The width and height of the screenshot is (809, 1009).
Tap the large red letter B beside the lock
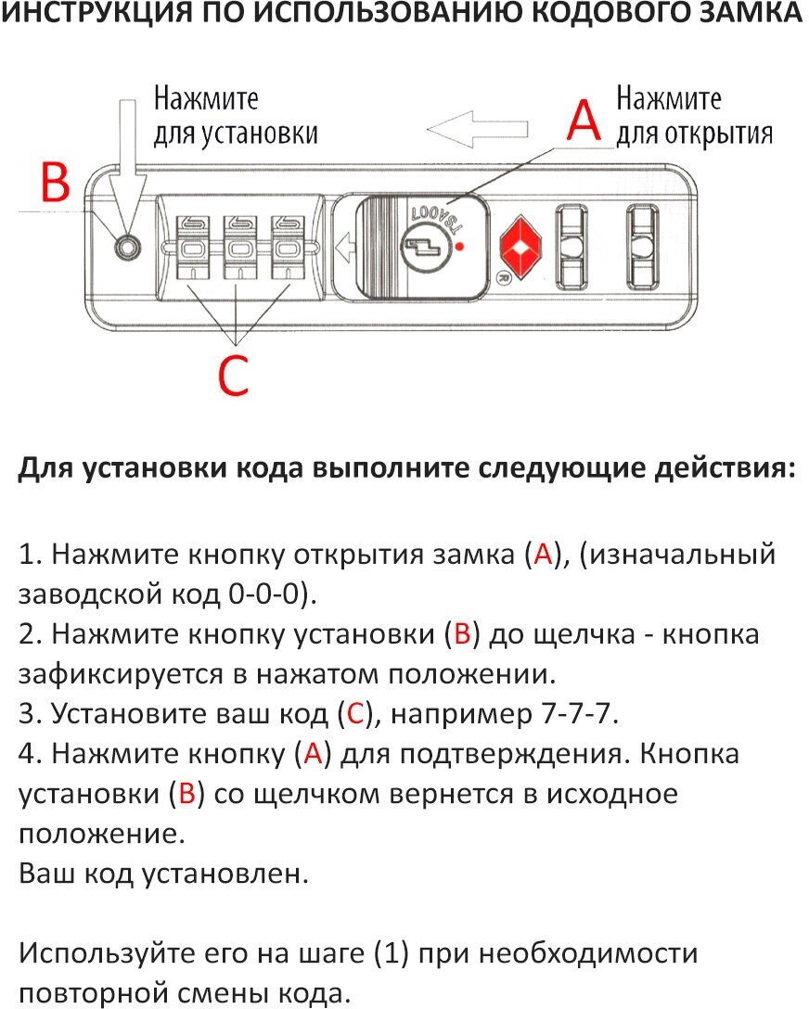56,183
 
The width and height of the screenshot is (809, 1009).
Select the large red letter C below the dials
233,375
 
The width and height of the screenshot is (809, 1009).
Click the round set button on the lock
127,248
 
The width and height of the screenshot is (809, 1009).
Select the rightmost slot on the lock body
640,246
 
